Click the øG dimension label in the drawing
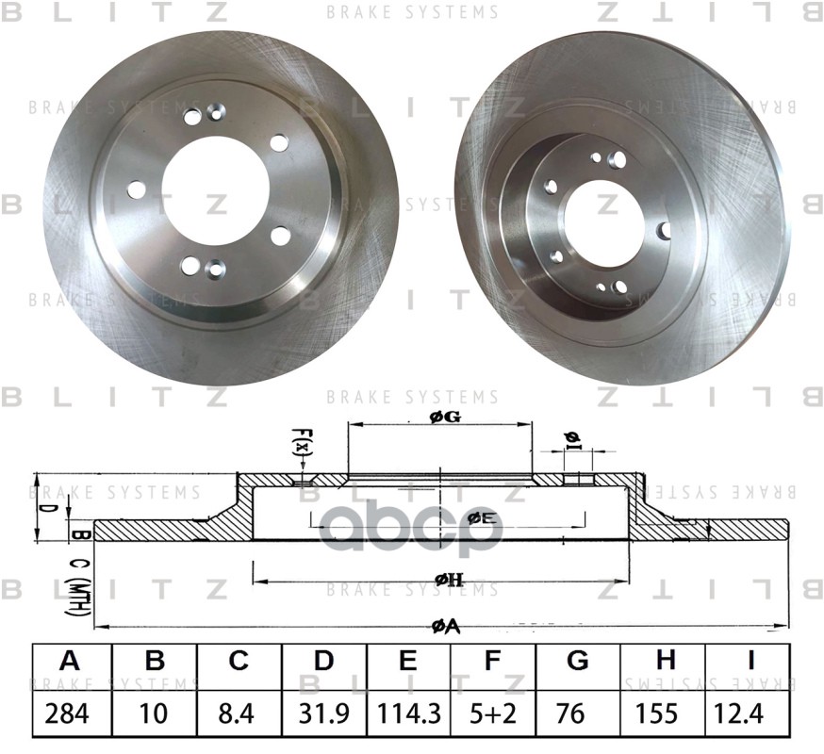coord(444,418)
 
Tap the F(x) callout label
coord(303,444)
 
